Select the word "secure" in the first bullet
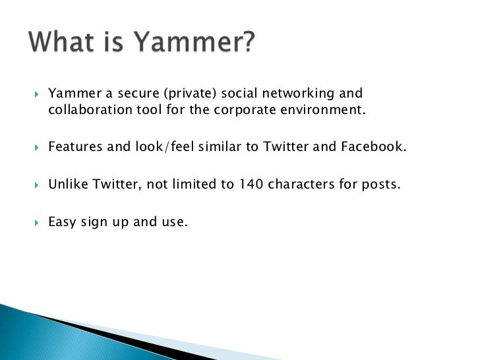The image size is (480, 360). click(x=129, y=93)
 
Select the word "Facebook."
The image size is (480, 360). click(x=375, y=146)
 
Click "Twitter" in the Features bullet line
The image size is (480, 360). click(x=285, y=146)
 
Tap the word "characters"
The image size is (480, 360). click(x=301, y=184)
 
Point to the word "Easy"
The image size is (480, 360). click(x=62, y=222)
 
